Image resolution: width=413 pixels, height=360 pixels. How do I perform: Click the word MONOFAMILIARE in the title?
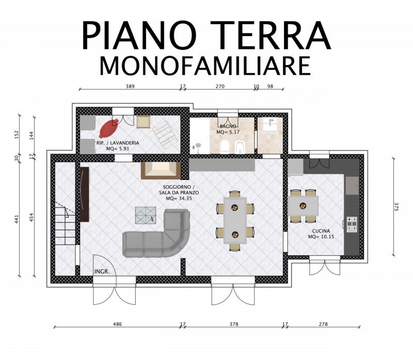[x=205, y=66]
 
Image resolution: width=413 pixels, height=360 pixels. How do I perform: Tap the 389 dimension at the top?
[x=130, y=86]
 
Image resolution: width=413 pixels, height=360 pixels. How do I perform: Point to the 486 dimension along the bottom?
[x=118, y=324]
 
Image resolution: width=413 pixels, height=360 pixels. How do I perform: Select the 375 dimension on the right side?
[x=396, y=207]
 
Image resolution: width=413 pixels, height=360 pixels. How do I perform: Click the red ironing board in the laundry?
[x=108, y=128]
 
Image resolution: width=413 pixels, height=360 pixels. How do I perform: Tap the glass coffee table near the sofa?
[x=146, y=215]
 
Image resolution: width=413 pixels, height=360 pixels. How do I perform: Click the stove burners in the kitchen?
[x=352, y=224]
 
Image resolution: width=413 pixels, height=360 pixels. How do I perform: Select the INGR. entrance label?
[x=102, y=272]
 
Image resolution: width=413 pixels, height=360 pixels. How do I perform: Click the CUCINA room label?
[x=321, y=231]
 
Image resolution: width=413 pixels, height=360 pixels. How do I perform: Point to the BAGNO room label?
[x=228, y=126]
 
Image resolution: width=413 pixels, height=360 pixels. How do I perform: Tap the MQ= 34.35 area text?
[x=179, y=199]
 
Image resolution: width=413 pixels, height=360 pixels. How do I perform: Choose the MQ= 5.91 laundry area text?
[x=118, y=149]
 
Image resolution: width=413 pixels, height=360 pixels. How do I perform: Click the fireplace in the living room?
[x=161, y=171]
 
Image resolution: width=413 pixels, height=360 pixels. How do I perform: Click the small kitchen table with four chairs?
[x=303, y=206]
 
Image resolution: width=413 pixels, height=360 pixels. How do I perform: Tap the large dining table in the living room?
[x=235, y=220]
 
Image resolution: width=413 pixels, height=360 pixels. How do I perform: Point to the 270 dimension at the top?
[x=220, y=86]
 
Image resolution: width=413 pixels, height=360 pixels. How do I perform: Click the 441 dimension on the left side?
[x=17, y=219]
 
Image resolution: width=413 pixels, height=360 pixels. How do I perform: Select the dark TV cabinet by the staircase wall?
[x=84, y=194]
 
